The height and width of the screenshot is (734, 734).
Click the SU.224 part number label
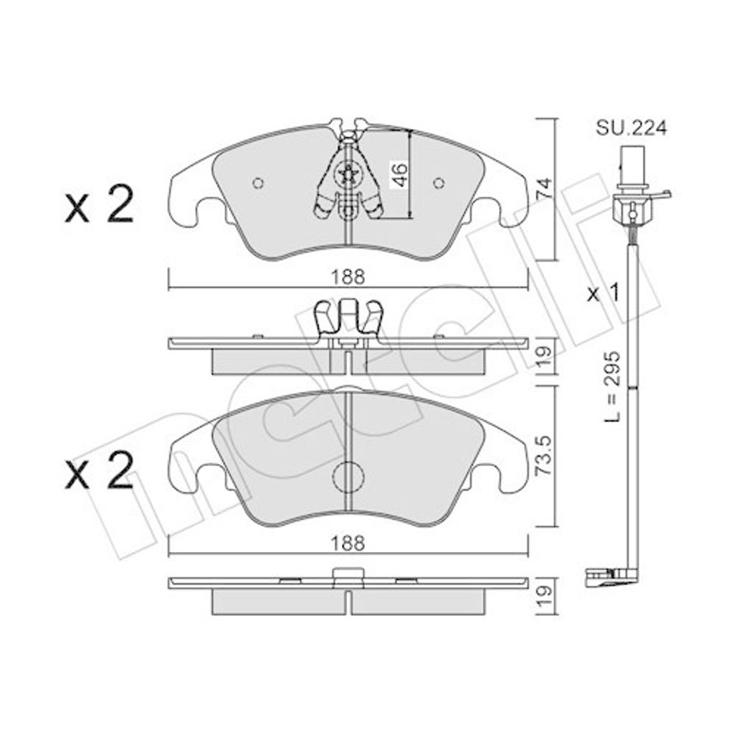[x=631, y=128]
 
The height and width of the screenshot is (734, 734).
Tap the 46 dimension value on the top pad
[x=399, y=174]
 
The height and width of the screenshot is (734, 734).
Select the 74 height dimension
[x=544, y=188]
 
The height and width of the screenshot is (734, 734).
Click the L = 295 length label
[x=611, y=386]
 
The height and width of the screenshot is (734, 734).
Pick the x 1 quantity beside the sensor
[x=603, y=293]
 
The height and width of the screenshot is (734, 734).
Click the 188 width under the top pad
[x=348, y=277]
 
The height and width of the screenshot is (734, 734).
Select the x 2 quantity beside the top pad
[x=99, y=206]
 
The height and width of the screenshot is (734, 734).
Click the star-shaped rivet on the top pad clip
[x=347, y=174]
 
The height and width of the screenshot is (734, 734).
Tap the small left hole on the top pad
[x=259, y=183]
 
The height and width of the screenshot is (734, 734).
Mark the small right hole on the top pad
[x=439, y=183]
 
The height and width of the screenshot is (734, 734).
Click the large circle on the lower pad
[x=348, y=477]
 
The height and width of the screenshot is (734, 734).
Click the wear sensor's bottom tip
[x=599, y=577]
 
